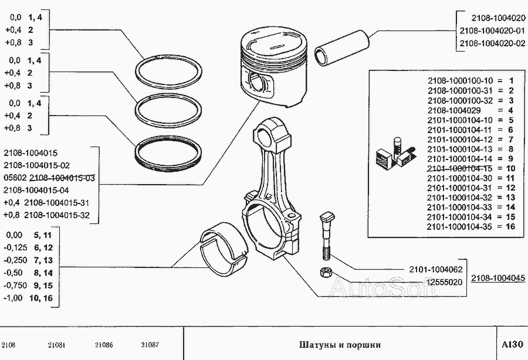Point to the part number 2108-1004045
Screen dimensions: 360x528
click(498, 279)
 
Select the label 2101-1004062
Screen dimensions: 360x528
click(435, 270)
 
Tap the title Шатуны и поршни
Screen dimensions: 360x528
click(340, 345)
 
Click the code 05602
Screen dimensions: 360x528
click(15, 178)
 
